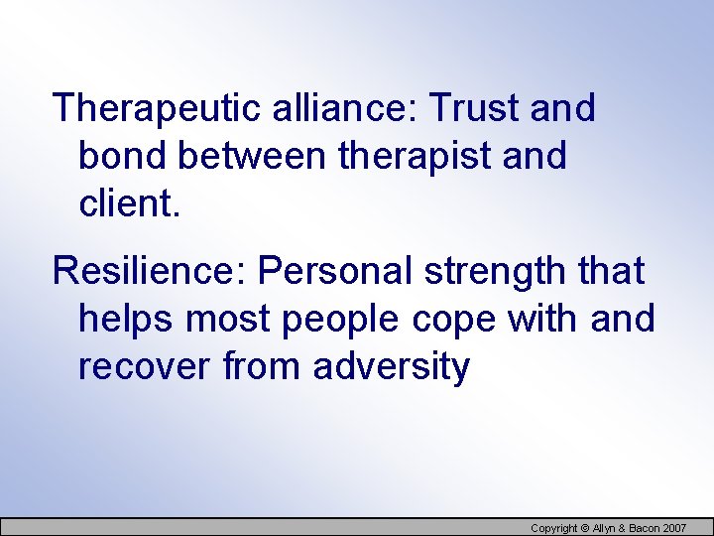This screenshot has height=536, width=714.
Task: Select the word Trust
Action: click(x=469, y=108)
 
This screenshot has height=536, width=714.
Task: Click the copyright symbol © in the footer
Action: click(x=585, y=528)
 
